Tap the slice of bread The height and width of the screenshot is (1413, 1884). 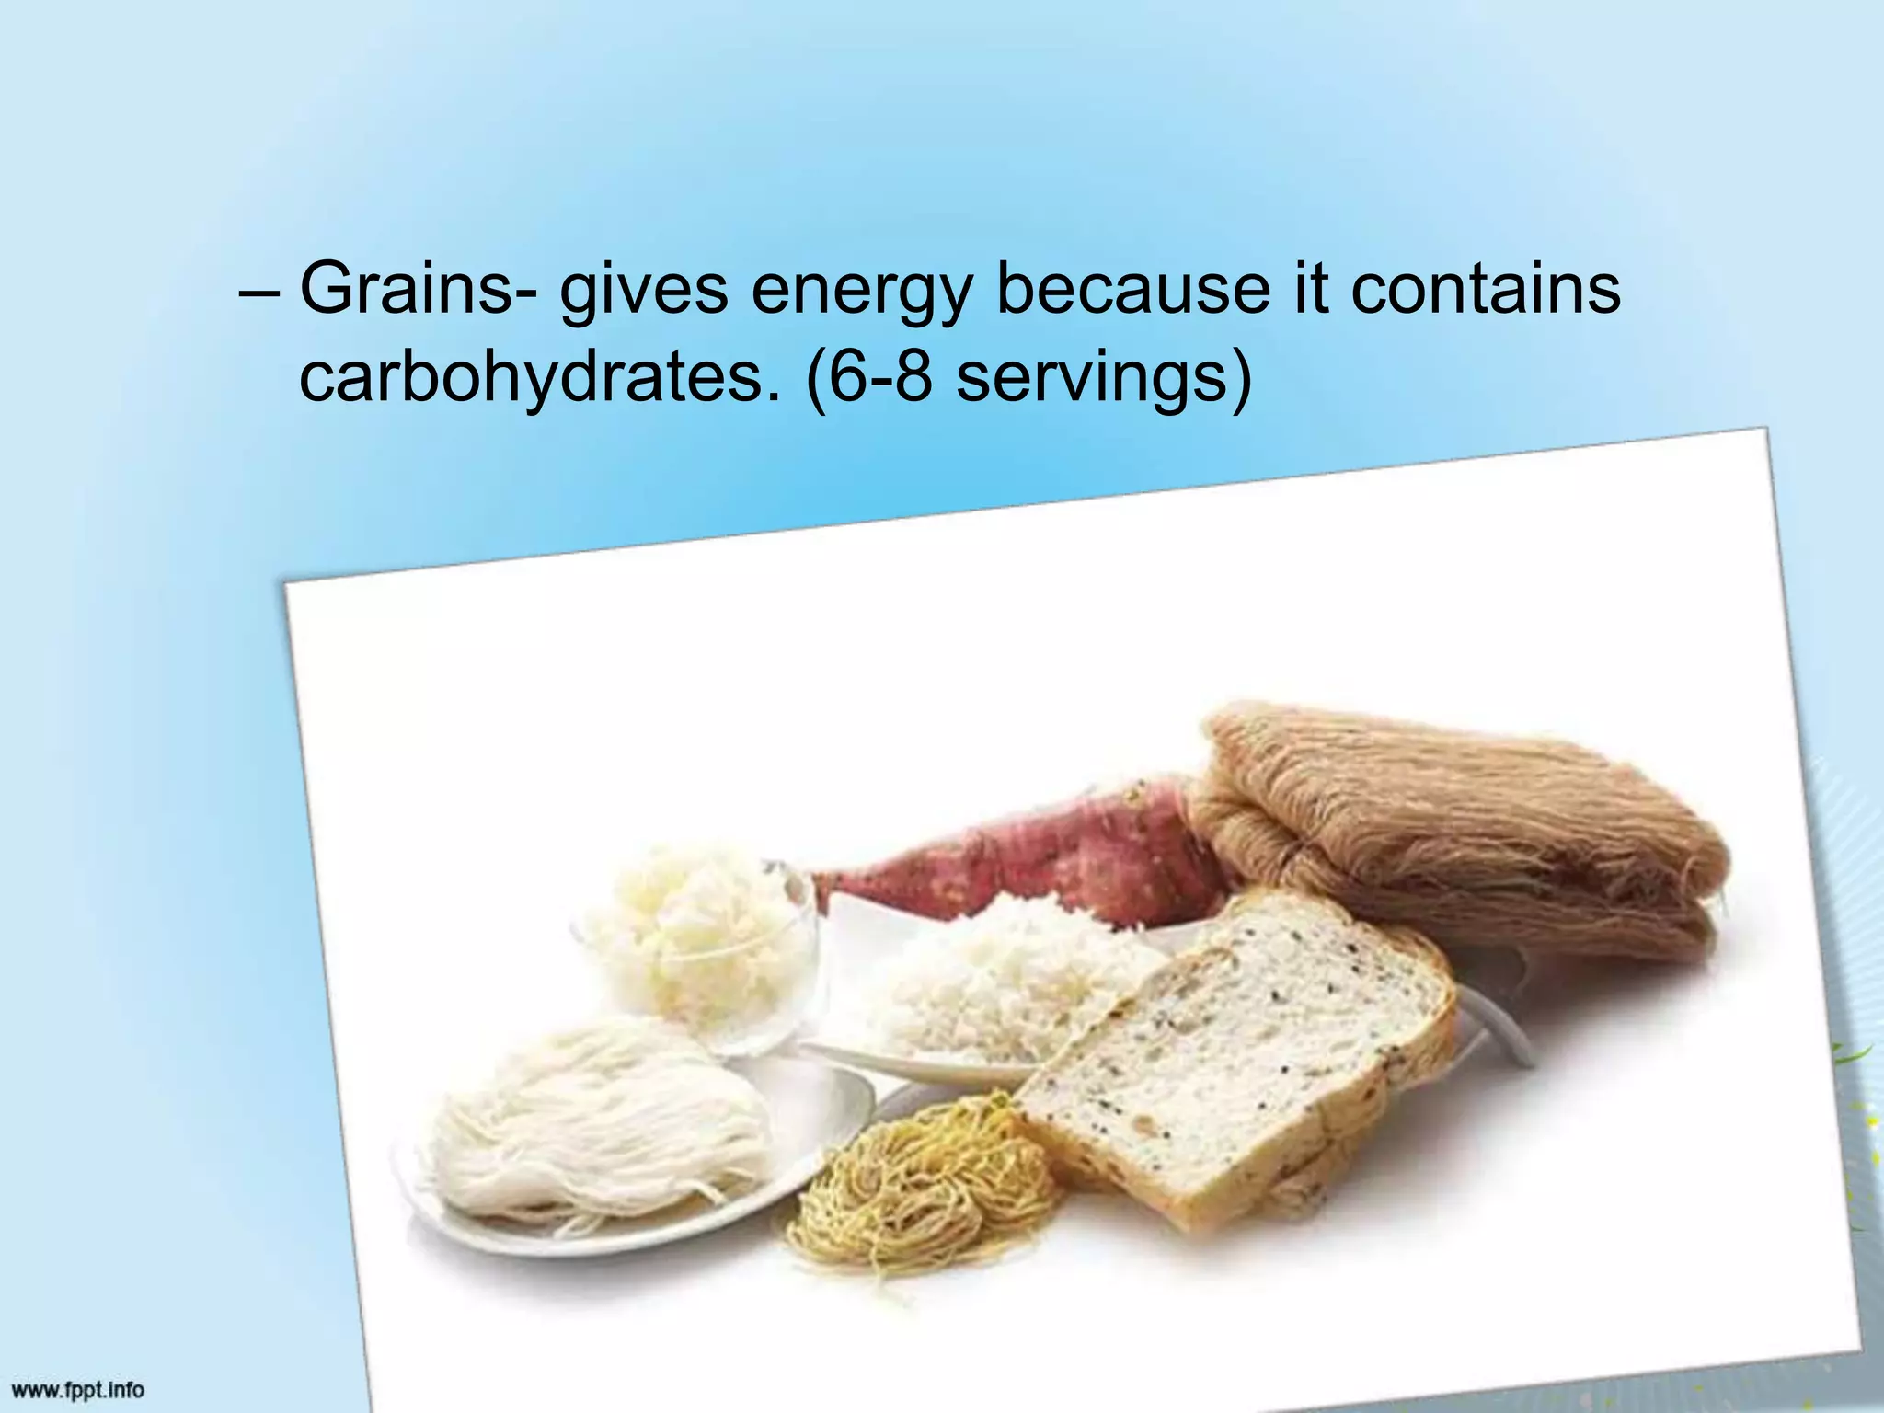click(x=1233, y=1058)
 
